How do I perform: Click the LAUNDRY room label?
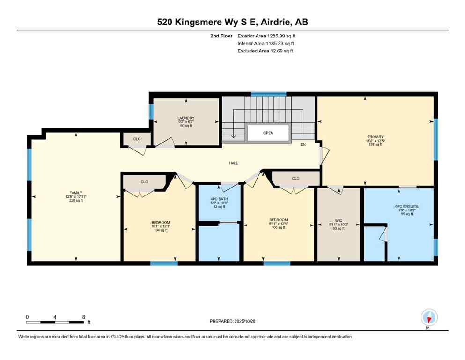186,118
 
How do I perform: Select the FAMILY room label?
76,193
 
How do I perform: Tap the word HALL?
234,163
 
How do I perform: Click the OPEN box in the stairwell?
268,133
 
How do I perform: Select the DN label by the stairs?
303,145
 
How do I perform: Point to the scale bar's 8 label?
83,317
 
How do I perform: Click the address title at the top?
232,22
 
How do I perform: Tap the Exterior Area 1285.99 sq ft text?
266,36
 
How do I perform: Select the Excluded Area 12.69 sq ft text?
265,51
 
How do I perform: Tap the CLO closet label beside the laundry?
137,139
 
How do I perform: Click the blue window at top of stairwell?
268,94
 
